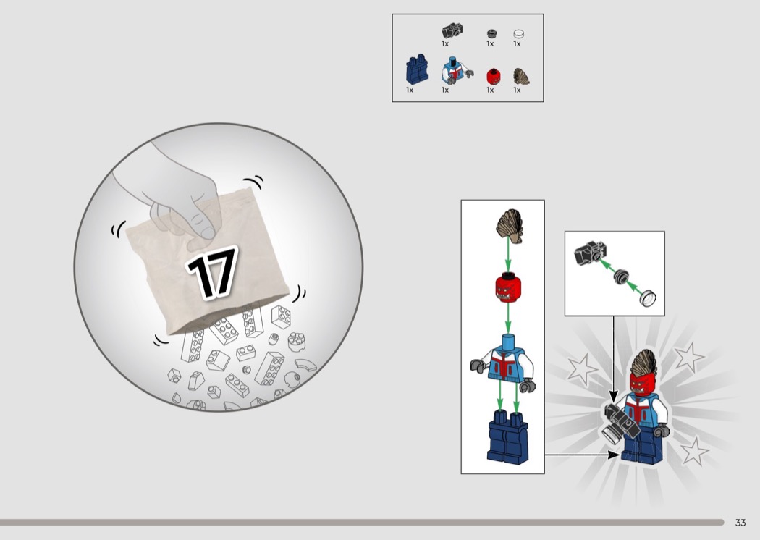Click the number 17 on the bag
[x=213, y=272]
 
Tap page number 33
[x=740, y=523]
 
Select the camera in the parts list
[x=452, y=30]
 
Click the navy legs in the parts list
[x=417, y=71]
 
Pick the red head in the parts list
[x=494, y=77]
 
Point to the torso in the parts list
[x=455, y=71]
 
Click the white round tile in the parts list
[x=519, y=34]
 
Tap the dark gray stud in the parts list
[x=492, y=33]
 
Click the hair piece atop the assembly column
[x=510, y=226]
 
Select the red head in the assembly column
[x=507, y=287]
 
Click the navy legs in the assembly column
[x=508, y=436]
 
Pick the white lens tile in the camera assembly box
[x=648, y=298]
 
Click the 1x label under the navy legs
[x=410, y=90]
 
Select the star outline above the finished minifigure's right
[x=689, y=358]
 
